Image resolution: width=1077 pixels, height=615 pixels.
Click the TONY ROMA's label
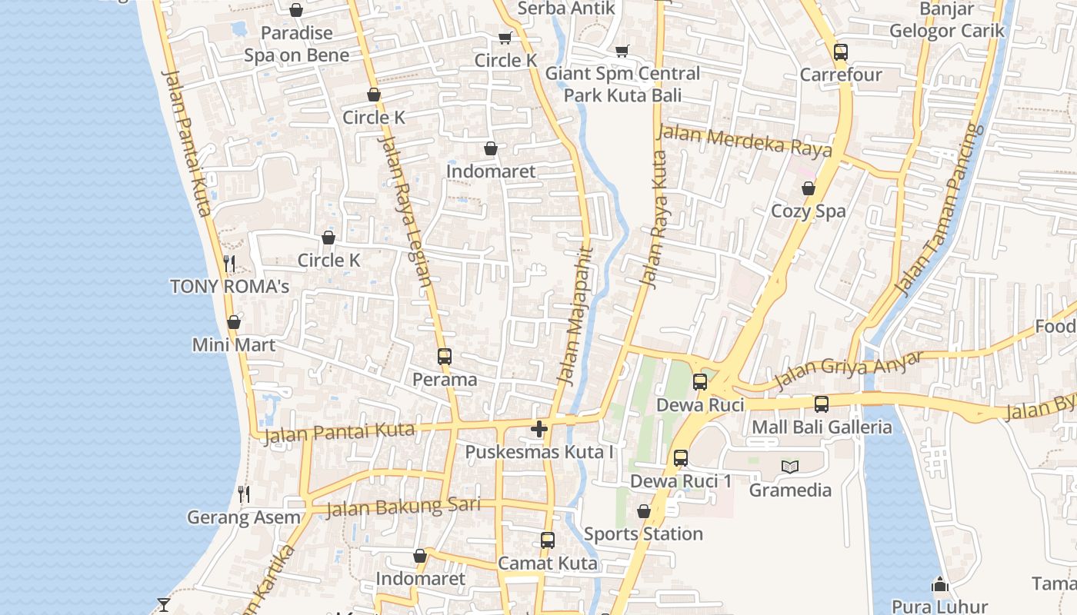[229, 287]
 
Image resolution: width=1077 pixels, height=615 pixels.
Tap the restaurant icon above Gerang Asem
[244, 494]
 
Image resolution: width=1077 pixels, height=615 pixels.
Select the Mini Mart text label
[233, 344]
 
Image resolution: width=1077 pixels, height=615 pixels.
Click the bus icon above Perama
[445, 357]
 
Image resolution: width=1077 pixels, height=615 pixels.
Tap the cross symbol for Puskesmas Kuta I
[539, 428]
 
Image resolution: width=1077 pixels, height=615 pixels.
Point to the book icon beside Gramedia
[790, 467]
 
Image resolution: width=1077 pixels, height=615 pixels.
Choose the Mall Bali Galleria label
[822, 427]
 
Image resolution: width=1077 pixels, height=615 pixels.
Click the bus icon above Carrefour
[841, 52]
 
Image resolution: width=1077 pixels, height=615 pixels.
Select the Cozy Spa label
[809, 211]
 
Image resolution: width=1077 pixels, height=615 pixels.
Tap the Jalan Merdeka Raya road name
[745, 141]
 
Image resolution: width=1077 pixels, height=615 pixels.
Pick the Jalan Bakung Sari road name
[403, 507]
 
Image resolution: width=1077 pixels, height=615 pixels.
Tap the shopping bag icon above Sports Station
[644, 511]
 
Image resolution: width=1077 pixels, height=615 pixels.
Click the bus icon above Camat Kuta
[548, 540]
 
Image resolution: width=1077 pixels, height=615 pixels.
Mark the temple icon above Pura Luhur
[940, 585]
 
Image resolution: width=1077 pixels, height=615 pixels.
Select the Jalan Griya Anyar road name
[848, 370]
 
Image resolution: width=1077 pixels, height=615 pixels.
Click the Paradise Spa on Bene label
[297, 44]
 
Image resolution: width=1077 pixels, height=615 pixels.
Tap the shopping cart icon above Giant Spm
[622, 52]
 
